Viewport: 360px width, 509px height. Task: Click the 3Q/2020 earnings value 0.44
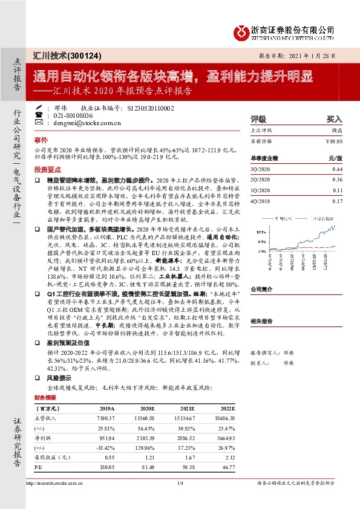[x=337, y=170]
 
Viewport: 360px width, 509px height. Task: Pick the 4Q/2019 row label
[x=261, y=201]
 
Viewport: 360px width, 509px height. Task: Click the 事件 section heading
[x=41, y=138]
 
